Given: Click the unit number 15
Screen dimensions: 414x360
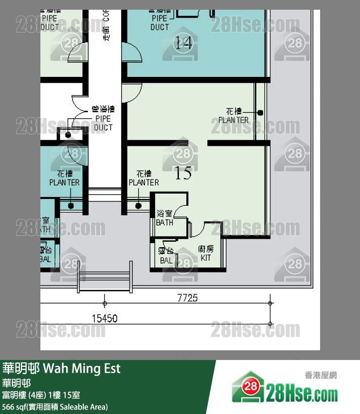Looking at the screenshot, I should coord(183,173).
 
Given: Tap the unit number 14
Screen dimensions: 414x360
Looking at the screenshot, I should coord(183,43).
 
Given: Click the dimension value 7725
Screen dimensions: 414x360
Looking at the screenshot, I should coord(187,298).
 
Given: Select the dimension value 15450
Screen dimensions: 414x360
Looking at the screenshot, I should coord(105,319).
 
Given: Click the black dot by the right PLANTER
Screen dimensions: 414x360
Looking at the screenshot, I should coord(260,113).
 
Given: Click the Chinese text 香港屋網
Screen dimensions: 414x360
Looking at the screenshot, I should coord(321,375).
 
